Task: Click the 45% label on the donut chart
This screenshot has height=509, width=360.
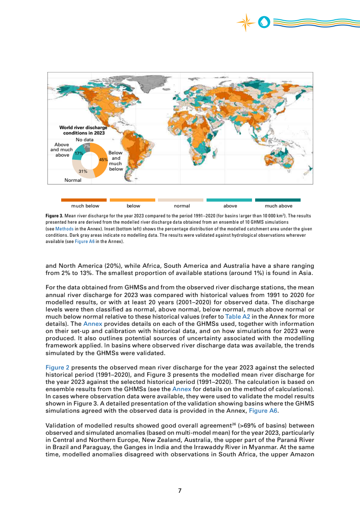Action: pyautogui.click(x=103, y=159)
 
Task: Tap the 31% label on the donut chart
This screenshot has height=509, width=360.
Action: pyautogui.click(x=83, y=171)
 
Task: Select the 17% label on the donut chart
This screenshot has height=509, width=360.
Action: pyautogui.click(x=79, y=153)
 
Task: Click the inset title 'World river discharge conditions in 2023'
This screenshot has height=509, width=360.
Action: pyautogui.click(x=83, y=131)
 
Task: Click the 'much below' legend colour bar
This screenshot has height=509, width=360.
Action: pyautogui.click(x=84, y=200)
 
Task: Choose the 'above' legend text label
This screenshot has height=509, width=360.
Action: pyautogui.click(x=230, y=206)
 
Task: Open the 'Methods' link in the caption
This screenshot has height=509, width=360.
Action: pyautogui.click(x=63, y=229)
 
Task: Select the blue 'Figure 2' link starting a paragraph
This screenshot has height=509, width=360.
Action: pyautogui.click(x=57, y=367)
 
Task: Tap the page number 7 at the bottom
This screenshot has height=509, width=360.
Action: pyautogui.click(x=180, y=491)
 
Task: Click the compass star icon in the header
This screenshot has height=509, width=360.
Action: pyautogui.click(x=246, y=23)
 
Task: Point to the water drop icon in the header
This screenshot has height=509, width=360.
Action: pyautogui.click(x=264, y=22)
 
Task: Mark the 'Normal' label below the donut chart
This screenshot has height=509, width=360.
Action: pyautogui.click(x=73, y=180)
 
